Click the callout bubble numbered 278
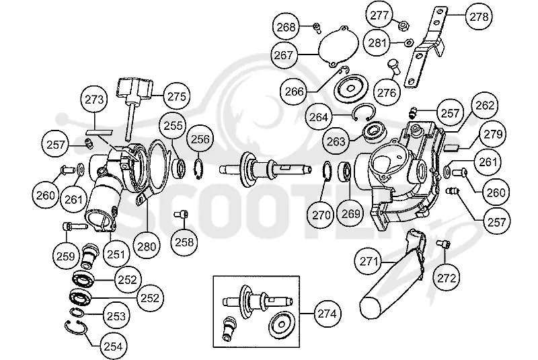point(479,16)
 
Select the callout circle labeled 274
point(327,314)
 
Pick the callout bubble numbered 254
point(113,347)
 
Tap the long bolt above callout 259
point(75,227)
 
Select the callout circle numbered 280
point(147,246)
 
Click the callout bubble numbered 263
point(336,141)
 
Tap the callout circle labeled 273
point(94,100)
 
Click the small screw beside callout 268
point(317,28)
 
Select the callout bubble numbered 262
point(484,106)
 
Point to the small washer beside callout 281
point(409,42)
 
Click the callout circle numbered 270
point(321,215)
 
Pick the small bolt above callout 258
point(180,215)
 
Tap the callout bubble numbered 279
point(493,134)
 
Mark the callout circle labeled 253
point(116,316)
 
